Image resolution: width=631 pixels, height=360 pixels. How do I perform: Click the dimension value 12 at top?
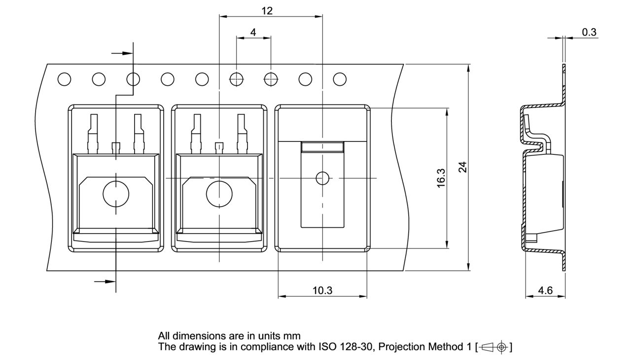pos(267,11)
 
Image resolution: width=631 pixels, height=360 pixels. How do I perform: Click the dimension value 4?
pos(253,32)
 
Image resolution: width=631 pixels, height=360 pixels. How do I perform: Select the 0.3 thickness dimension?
pos(589,33)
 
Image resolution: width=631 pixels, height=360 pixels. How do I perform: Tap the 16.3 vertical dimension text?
pos(441,178)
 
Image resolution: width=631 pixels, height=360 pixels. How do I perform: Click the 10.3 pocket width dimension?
pos(322,290)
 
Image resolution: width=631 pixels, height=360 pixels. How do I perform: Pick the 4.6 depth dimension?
pos(545,290)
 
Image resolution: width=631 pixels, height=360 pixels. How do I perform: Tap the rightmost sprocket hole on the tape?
pos(339,79)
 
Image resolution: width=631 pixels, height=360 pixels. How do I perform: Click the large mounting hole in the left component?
pos(116,193)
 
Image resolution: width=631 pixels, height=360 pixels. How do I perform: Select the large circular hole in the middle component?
pos(219,193)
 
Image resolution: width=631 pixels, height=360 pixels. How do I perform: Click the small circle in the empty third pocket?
pos(322,178)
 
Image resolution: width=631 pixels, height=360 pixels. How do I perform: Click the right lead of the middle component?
pos(241,131)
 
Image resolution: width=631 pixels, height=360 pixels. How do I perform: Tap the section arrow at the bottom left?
pos(104,281)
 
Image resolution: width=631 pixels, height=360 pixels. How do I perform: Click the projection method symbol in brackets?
pos(493,347)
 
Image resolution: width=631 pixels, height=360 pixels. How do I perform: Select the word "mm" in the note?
pos(291,337)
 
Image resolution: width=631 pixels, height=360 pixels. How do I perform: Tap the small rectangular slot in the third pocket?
pos(322,146)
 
